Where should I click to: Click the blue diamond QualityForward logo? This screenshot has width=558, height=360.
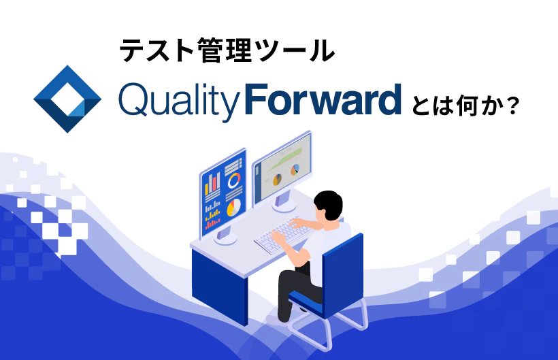[x=67, y=99]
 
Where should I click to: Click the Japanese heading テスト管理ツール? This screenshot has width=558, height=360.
[x=227, y=50]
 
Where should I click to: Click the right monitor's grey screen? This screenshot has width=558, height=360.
[x=282, y=167]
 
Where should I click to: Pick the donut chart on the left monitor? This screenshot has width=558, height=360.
[x=235, y=180]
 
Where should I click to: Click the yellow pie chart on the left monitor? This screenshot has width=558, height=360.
[x=233, y=206]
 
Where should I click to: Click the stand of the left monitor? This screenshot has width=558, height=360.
[x=225, y=235]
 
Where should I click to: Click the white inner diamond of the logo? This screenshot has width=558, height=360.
[x=67, y=99]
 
